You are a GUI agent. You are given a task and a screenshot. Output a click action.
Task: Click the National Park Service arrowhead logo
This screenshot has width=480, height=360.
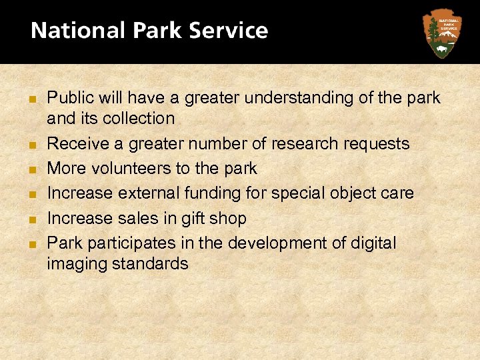(441, 33)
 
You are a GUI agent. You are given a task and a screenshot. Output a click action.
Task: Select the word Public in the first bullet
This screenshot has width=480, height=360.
(71, 98)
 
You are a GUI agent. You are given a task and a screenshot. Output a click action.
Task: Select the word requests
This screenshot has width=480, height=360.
(378, 143)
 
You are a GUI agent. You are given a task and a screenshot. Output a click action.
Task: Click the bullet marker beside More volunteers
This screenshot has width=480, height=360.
(32, 169)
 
